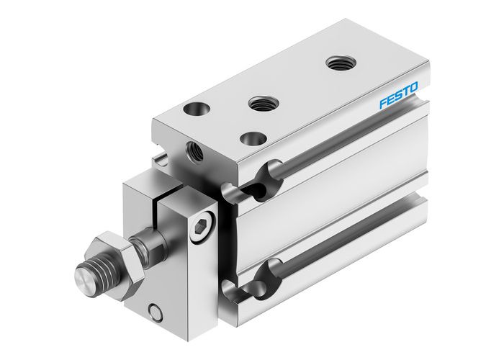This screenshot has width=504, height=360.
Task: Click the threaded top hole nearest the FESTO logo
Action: [x=336, y=63]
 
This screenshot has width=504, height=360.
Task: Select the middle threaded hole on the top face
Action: [x=261, y=104]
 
